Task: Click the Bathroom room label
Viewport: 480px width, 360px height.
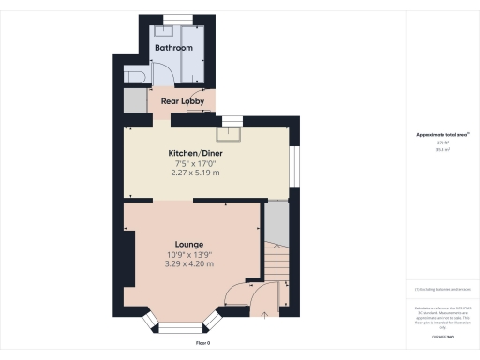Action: point(173,48)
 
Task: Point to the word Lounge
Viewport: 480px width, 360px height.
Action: point(189,244)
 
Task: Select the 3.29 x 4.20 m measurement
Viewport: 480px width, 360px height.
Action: point(190,264)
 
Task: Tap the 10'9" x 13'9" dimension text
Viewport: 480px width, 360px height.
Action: point(190,254)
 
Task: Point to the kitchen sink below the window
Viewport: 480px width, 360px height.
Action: point(228,132)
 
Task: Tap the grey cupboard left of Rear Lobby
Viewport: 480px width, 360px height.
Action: point(135,101)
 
